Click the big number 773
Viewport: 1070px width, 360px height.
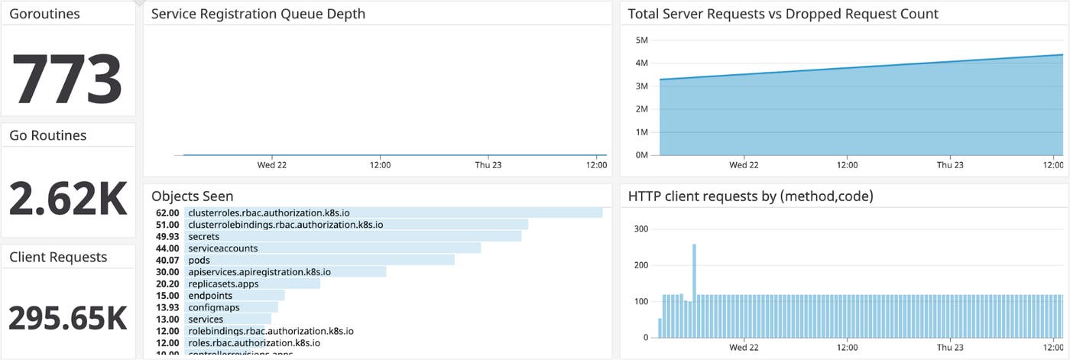click(67, 79)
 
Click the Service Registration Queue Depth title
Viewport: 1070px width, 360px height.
click(258, 14)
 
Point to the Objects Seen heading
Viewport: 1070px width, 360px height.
click(193, 196)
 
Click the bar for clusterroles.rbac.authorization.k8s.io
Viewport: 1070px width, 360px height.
click(393, 212)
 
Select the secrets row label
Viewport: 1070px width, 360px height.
click(203, 236)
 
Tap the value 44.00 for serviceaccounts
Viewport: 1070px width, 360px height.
click(167, 248)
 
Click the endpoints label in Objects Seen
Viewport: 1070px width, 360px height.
click(210, 295)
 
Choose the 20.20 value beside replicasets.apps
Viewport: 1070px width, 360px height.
click(167, 284)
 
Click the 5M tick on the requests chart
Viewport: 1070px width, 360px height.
click(641, 40)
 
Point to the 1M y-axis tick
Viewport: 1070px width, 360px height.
click(641, 132)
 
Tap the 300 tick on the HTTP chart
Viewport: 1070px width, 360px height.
click(640, 229)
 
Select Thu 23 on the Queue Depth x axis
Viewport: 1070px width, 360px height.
click(488, 164)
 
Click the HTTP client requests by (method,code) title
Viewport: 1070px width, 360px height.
click(751, 196)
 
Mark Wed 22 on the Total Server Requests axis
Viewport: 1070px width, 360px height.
click(744, 164)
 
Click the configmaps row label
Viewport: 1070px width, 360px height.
click(213, 307)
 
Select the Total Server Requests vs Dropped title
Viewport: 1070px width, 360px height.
click(783, 14)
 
